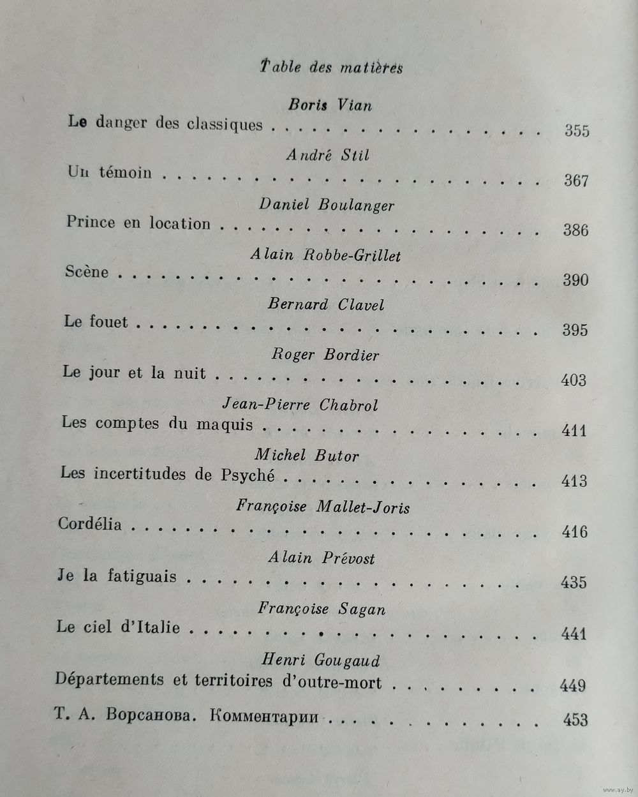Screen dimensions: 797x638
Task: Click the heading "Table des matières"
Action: pos(331,67)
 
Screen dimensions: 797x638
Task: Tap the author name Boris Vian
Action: pos(330,105)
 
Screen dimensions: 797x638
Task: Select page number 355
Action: pos(577,131)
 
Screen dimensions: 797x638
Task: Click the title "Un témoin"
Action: pos(110,172)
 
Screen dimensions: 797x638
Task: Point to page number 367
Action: pos(576,181)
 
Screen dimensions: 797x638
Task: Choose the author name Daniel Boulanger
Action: pos(327,205)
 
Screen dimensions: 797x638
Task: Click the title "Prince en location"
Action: pos(138,223)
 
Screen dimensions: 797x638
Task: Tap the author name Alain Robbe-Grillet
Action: pos(325,255)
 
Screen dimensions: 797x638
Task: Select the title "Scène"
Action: pos(87,272)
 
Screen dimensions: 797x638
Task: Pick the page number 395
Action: pos(575,330)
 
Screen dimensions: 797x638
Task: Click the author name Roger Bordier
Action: pos(325,355)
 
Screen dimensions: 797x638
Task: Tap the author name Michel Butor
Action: pos(307,456)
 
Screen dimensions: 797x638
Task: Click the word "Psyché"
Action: pos(248,475)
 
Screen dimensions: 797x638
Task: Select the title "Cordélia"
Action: pos(90,524)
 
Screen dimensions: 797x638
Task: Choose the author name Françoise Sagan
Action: pos(322,609)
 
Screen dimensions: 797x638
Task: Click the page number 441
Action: pos(574,634)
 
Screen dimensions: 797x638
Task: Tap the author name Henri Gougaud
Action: pos(321,660)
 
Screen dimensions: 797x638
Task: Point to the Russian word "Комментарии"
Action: pos(263,716)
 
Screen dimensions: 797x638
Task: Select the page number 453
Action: pos(575,719)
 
